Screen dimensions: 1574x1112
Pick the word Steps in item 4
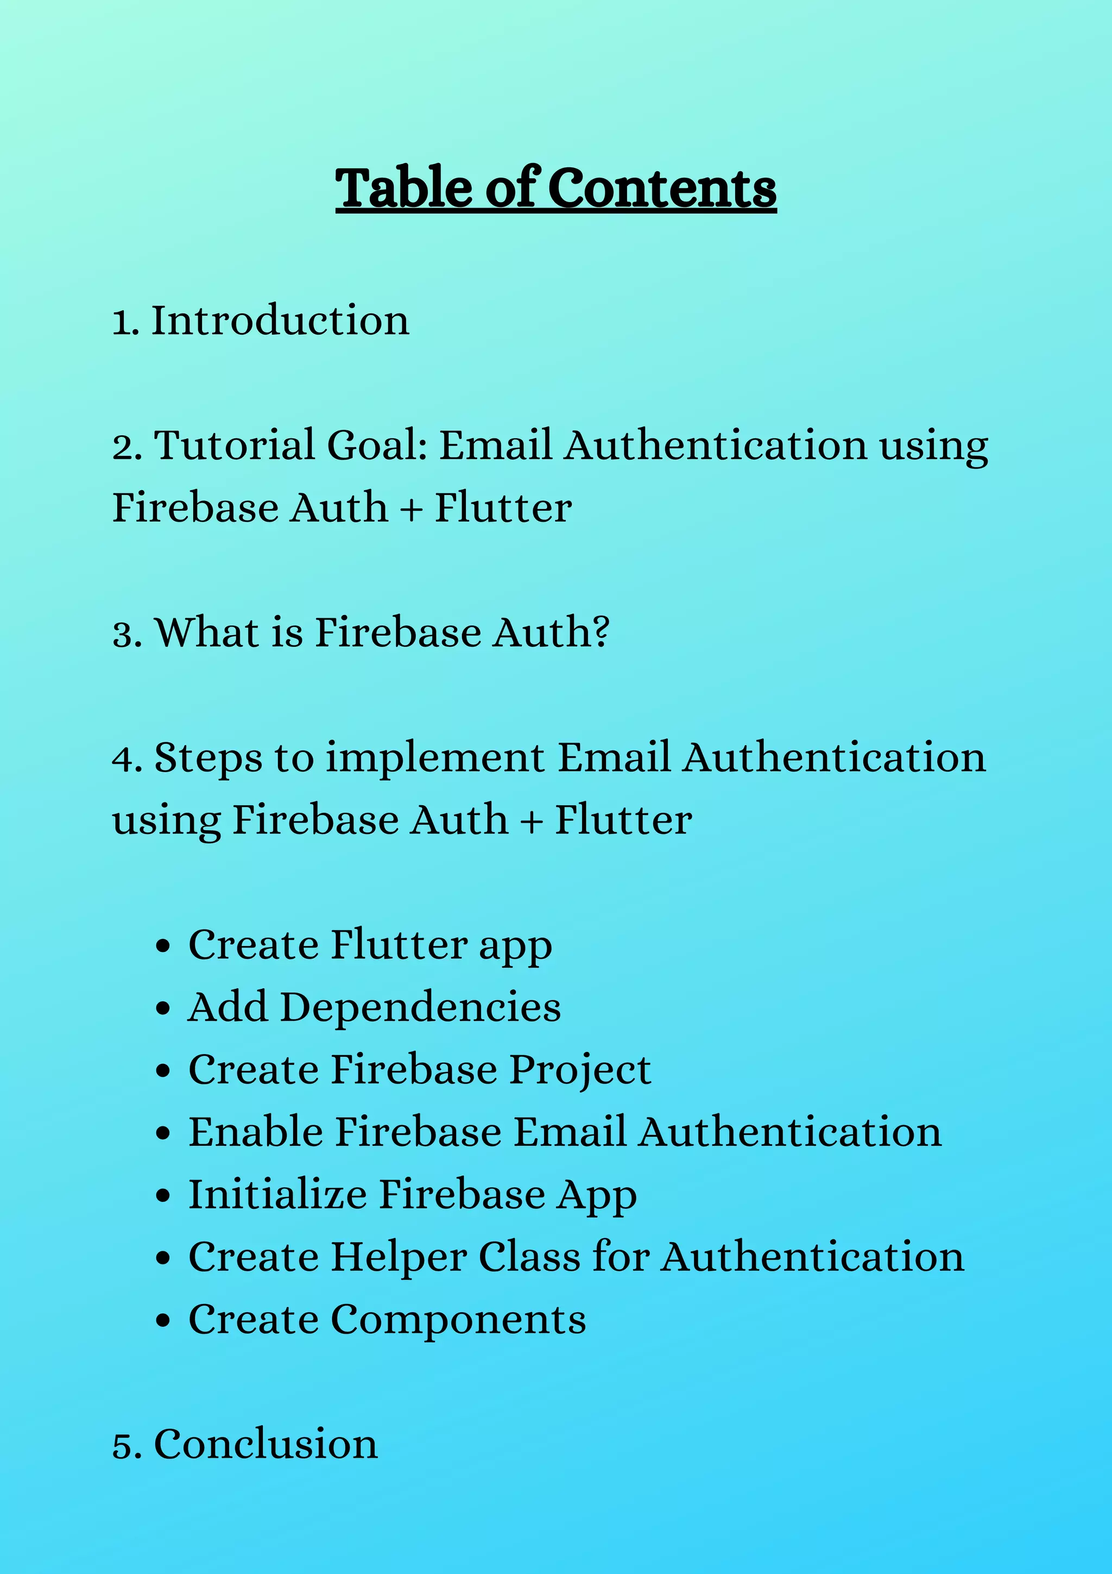[x=208, y=759]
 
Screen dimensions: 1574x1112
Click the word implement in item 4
[x=435, y=759]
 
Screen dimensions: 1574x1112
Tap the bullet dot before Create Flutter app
[x=162, y=946]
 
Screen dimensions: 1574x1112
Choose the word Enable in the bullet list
[x=256, y=1132]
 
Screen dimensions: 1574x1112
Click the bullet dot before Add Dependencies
[x=162, y=1009]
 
